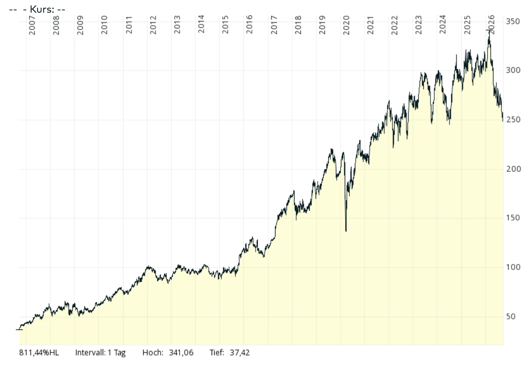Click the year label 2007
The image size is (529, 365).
click(x=32, y=25)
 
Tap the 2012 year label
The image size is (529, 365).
click(x=153, y=25)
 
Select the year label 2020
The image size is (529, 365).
click(x=346, y=25)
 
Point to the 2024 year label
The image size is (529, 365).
click(x=442, y=25)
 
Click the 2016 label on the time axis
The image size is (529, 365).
click(x=249, y=25)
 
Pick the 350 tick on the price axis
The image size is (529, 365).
click(x=513, y=22)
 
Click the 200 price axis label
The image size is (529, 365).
click(x=513, y=169)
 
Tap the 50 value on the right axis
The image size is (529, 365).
click(x=510, y=316)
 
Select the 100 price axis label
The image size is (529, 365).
click(x=513, y=267)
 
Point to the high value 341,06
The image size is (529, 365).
click(x=181, y=353)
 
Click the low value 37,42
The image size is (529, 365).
click(x=240, y=353)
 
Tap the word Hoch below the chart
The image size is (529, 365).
click(x=153, y=353)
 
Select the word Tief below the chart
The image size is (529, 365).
click(x=217, y=353)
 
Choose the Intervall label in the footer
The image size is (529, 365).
click(x=90, y=353)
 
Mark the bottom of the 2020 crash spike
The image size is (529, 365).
click(x=346, y=231)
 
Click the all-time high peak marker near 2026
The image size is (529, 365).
click(x=489, y=30)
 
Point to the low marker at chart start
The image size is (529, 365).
click(x=19, y=330)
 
